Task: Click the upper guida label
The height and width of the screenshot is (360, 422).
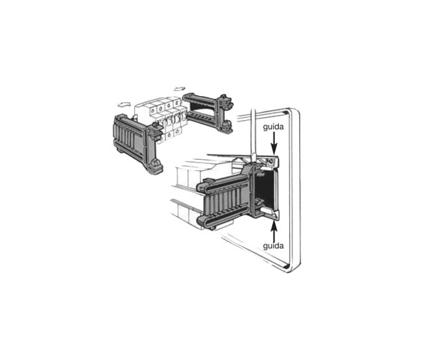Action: pyautogui.click(x=273, y=128)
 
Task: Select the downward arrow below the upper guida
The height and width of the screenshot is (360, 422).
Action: pyautogui.click(x=274, y=144)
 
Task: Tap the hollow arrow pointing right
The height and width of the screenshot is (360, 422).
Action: pyautogui.click(x=180, y=88)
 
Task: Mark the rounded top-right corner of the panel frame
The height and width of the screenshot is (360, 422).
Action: pyautogui.click(x=294, y=115)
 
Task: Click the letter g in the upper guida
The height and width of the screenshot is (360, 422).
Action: pyautogui.click(x=265, y=129)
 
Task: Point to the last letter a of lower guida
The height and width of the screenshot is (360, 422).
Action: pyautogui.click(x=282, y=245)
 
